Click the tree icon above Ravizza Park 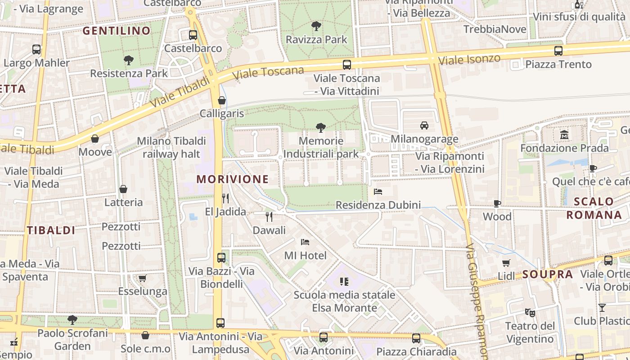click(x=316, y=26)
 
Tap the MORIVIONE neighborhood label click(x=233, y=179)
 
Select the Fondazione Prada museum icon click(x=564, y=135)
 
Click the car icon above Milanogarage click(x=424, y=125)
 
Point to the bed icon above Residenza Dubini click(x=378, y=192)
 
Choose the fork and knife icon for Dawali click(x=269, y=217)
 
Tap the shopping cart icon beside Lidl click(x=506, y=263)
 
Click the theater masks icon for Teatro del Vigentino click(x=530, y=312)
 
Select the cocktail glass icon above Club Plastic click(x=602, y=308)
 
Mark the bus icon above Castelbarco click(x=193, y=35)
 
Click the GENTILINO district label click(x=117, y=31)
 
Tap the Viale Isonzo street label click(x=469, y=59)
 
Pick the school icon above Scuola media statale click(x=344, y=282)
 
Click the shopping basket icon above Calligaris click(x=221, y=100)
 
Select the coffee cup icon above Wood click(x=497, y=203)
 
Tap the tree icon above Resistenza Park click(x=129, y=60)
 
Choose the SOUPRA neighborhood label click(x=548, y=274)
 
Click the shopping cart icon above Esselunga click(x=143, y=278)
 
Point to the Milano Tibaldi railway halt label click(x=171, y=148)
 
